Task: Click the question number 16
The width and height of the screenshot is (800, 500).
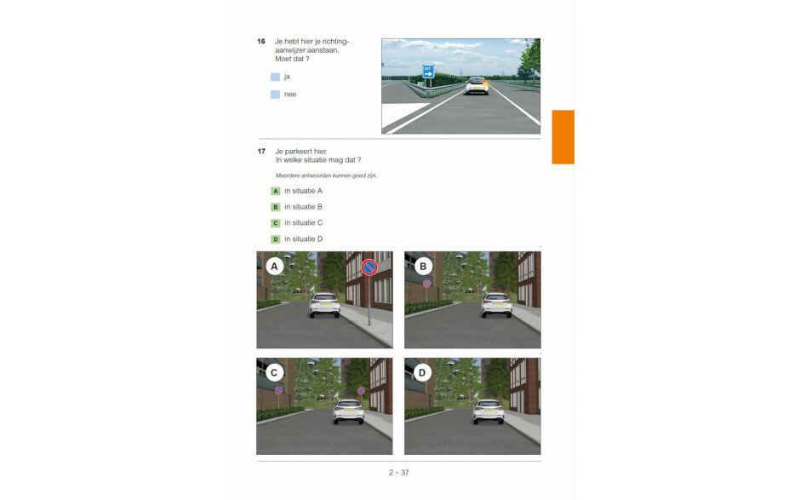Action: click(261, 42)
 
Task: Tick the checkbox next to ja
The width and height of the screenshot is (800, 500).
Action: click(275, 78)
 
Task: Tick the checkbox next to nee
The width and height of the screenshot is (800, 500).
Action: click(275, 95)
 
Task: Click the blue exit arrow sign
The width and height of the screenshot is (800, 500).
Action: click(428, 72)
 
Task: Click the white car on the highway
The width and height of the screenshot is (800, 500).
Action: click(477, 86)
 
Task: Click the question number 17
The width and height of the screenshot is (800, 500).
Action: click(261, 151)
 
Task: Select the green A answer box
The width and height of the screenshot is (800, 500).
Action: click(276, 191)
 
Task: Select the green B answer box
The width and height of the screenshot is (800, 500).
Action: click(276, 207)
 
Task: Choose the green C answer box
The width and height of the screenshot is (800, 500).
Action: click(276, 223)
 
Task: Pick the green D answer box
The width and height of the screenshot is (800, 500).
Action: click(276, 239)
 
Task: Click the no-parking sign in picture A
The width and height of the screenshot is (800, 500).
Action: click(369, 267)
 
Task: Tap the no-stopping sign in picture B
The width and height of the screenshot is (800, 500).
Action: click(427, 284)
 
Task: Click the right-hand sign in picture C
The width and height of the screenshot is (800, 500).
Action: click(361, 391)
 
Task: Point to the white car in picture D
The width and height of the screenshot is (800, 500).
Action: click(489, 411)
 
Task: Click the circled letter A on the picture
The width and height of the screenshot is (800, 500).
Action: click(275, 266)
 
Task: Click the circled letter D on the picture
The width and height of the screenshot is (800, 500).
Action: click(422, 373)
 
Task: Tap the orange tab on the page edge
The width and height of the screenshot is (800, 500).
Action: click(563, 137)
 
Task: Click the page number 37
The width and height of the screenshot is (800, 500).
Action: click(405, 473)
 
